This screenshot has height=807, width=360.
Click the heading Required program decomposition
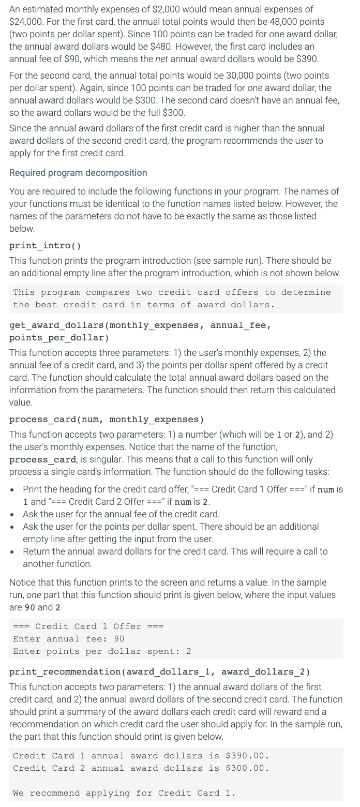(78, 173)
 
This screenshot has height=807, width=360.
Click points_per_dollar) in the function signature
(59, 338)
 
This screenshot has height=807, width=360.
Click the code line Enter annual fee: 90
(68, 639)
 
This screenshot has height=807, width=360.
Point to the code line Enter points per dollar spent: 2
(102, 651)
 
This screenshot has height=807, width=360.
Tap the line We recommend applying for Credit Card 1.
(124, 793)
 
